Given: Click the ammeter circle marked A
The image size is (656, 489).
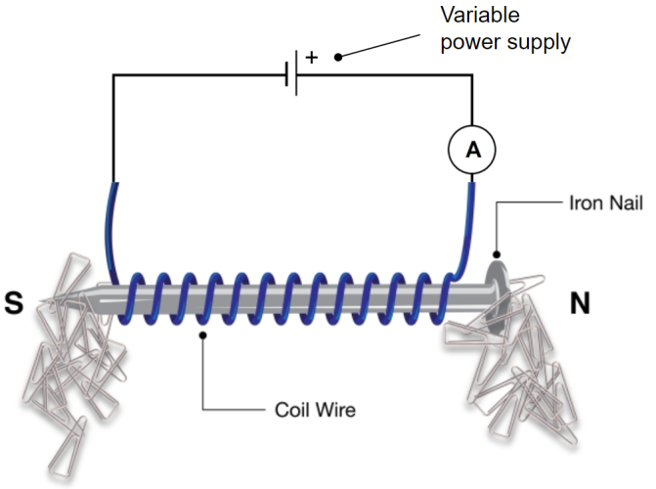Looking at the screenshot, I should point(472,149).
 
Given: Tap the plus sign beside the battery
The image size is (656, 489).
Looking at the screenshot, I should point(312,57).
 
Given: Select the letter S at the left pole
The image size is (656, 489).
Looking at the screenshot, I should point(14,303).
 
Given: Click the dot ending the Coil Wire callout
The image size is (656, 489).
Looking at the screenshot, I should point(202,335).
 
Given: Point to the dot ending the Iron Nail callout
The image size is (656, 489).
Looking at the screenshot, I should point(497,256).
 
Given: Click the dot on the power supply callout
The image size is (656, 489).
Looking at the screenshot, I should point(338,57).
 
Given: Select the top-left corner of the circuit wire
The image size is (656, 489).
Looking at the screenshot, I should point(113,75).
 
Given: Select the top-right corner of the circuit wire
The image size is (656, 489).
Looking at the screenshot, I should point(472,75).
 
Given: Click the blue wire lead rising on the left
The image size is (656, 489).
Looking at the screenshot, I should point(110,225).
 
